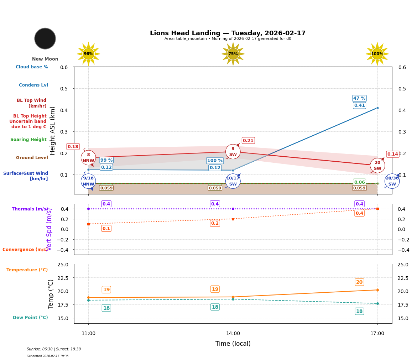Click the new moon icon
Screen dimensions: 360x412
[45, 38]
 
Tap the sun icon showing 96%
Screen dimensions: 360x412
[88, 54]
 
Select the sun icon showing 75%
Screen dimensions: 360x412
[233, 54]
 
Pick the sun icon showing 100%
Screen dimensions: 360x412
[377, 54]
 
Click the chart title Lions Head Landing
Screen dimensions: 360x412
[228, 33]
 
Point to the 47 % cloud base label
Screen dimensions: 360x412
[359, 98]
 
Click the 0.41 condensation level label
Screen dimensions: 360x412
[359, 105]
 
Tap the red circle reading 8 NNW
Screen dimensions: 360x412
[88, 158]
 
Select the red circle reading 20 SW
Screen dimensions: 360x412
[377, 166]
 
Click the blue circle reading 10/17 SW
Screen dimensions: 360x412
[233, 181]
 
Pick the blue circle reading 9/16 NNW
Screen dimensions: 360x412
[88, 181]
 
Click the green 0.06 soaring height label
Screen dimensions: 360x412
[359, 182]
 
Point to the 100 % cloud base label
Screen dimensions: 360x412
[215, 161]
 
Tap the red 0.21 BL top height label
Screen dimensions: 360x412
[248, 141]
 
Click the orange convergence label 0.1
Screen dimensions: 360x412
[106, 229]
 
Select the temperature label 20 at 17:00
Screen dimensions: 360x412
[359, 282]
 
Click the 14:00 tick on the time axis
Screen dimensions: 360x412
[233, 334]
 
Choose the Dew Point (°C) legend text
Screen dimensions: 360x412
[30, 318]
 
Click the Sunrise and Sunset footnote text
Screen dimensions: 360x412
[54, 349]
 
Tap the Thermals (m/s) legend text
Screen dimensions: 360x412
[30, 209]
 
